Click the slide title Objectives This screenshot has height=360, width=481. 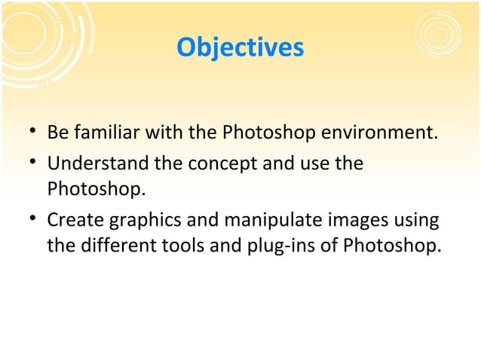click(x=240, y=47)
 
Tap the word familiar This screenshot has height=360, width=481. click(x=104, y=135)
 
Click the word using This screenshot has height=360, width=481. click(x=415, y=221)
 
